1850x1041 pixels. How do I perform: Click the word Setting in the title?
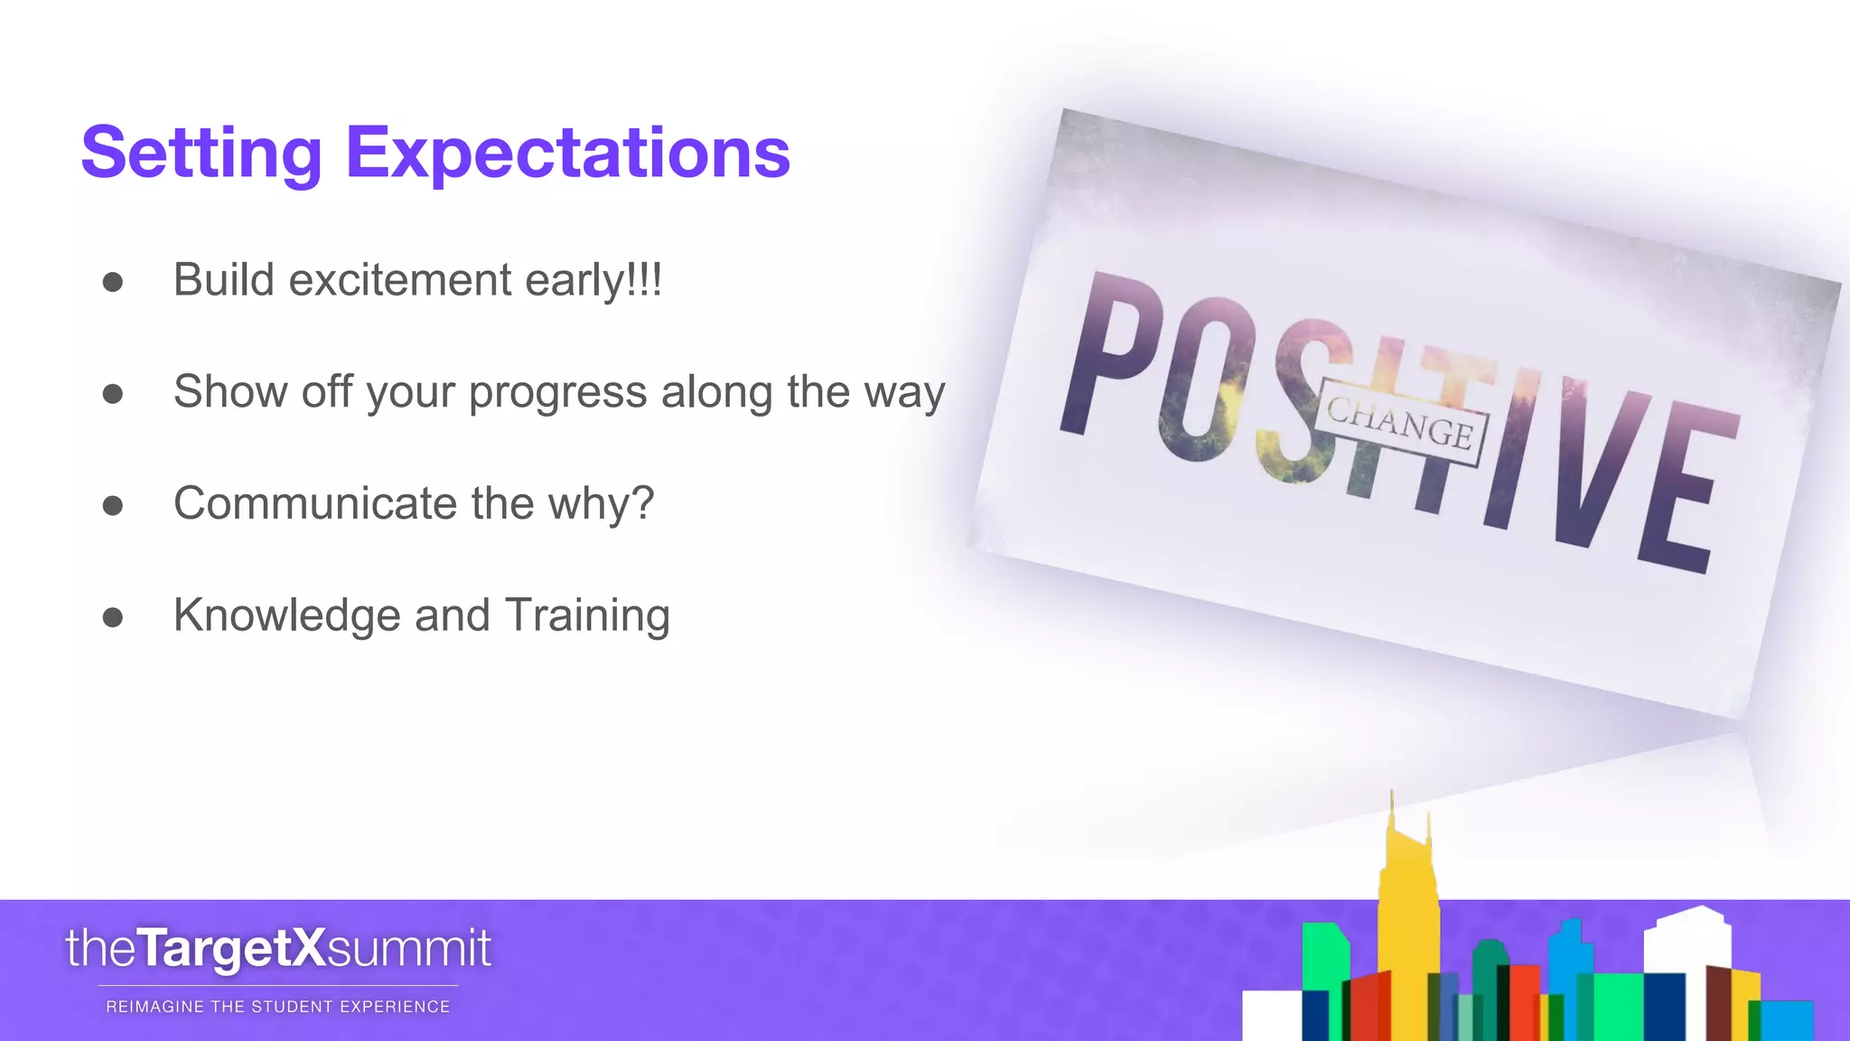(x=201, y=154)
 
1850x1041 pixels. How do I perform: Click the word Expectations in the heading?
(x=567, y=154)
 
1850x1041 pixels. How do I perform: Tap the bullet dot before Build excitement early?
(x=113, y=282)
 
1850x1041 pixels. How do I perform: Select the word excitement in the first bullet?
(x=400, y=280)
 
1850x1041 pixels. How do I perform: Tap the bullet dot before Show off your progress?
(x=113, y=394)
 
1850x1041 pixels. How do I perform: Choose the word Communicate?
(x=315, y=503)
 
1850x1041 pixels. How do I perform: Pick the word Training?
(x=587, y=615)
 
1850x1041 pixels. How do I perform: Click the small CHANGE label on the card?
(x=1400, y=424)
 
